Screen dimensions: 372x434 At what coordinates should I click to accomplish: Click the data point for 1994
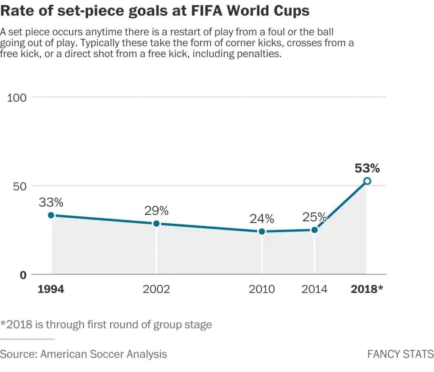51,215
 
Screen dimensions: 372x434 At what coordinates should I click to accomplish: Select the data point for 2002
156,223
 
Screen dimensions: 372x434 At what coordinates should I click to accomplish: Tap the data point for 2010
262,231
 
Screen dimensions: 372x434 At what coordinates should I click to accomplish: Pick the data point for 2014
314,230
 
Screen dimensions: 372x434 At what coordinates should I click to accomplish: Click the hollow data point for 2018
367,181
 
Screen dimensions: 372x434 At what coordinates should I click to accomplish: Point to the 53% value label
367,168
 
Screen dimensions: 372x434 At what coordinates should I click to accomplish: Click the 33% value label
51,203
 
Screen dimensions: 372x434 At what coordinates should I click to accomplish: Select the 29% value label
156,211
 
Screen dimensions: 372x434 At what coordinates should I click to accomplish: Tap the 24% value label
262,219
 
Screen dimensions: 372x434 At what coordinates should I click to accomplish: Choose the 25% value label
314,217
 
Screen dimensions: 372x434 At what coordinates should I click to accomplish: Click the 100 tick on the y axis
17,97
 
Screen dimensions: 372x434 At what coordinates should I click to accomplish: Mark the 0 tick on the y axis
23,275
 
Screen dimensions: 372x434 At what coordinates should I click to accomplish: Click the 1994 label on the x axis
51,289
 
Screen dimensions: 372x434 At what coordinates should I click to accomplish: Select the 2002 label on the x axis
156,289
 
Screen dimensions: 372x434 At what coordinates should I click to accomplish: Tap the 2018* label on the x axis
367,289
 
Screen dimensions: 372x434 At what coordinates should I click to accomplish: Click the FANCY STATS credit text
400,354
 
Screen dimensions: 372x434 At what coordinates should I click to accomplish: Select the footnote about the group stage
106,325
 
